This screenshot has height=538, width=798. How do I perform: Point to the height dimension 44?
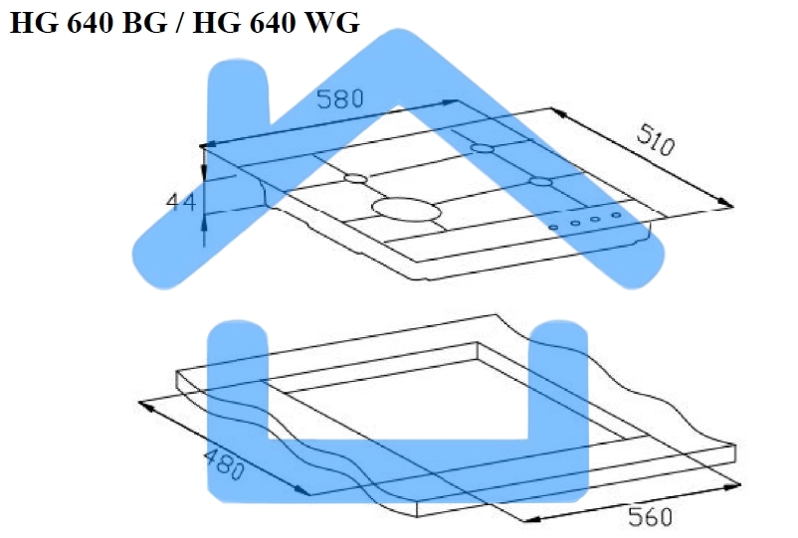pyautogui.click(x=180, y=202)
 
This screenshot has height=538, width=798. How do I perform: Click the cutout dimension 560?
pyautogui.click(x=650, y=516)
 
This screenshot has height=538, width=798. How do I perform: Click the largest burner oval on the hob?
pyautogui.click(x=405, y=208)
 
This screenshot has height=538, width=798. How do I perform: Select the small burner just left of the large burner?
pyautogui.click(x=355, y=179)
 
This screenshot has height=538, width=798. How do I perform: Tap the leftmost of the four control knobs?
pyautogui.click(x=554, y=228)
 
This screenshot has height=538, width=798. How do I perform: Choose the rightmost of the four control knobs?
pyautogui.click(x=616, y=215)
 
